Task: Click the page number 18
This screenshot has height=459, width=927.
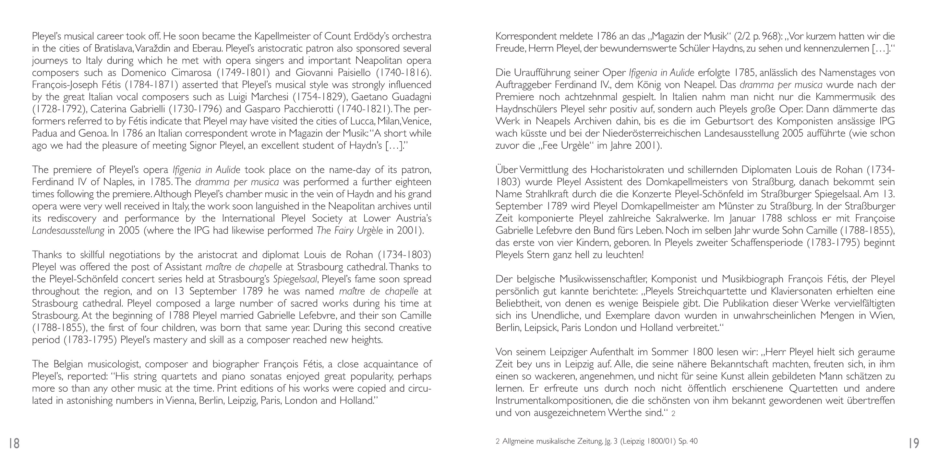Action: (14, 443)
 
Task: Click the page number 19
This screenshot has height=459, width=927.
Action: (914, 443)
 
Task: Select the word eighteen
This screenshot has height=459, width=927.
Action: (409, 182)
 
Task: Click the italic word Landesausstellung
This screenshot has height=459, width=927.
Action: (68, 230)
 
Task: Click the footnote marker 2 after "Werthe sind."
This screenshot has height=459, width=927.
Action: (673, 414)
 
